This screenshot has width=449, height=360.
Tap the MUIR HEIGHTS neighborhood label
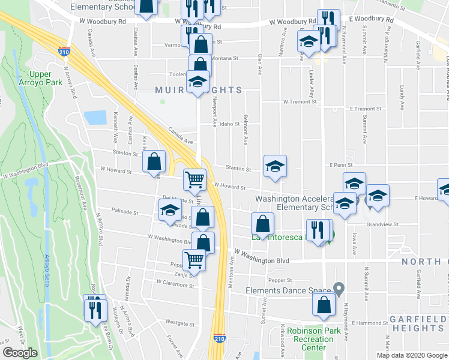point(191,91)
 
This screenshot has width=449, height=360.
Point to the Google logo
point(20,353)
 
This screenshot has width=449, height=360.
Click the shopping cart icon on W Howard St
point(194,179)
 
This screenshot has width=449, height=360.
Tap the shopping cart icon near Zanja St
point(194,260)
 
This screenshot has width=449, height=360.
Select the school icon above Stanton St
point(275,166)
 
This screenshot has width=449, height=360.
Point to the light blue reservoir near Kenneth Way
point(95,118)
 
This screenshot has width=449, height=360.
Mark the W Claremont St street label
point(175,282)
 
